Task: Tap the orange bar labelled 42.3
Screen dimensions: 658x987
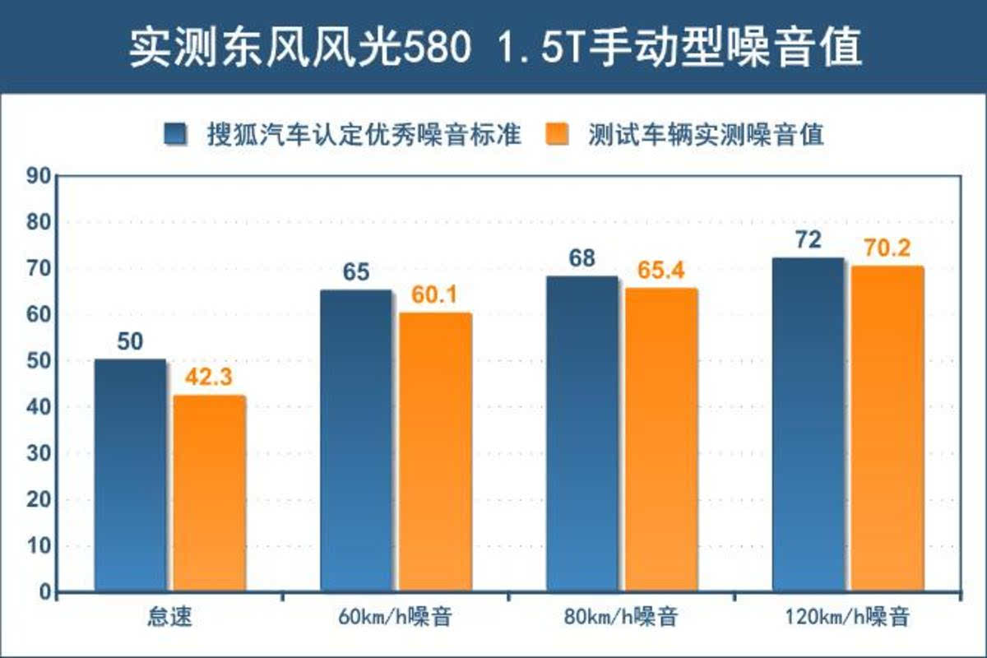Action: [209, 493]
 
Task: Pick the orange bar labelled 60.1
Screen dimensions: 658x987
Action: [435, 452]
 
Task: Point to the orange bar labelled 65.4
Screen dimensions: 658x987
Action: [660, 439]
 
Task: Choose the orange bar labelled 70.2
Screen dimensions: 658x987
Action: [887, 429]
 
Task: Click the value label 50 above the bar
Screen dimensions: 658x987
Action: [130, 342]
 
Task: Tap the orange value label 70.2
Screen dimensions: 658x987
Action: [887, 248]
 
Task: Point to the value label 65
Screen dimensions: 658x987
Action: [356, 272]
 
